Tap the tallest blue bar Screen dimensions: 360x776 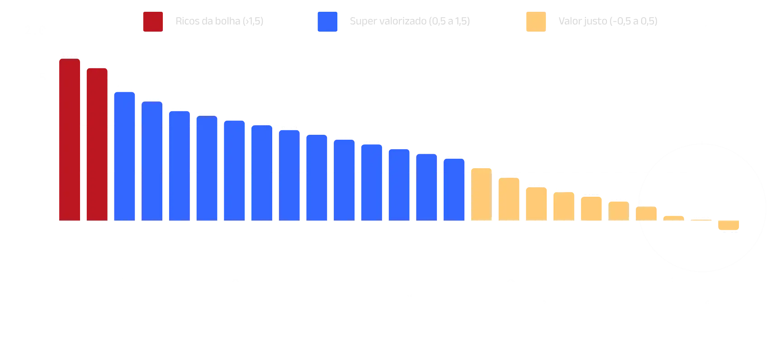click(125, 156)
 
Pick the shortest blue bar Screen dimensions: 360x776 click(454, 189)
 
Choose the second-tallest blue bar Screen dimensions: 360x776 click(152, 161)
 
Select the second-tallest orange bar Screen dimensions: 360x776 click(509, 199)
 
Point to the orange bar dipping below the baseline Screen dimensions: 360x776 click(729, 225)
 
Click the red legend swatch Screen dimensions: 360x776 click(152, 21)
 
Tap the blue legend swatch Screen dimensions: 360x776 click(327, 21)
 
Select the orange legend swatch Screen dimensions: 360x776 click(535, 21)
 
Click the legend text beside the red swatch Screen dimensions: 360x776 click(218, 21)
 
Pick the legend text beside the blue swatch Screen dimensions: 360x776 click(408, 21)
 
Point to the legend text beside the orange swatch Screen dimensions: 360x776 click(607, 21)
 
